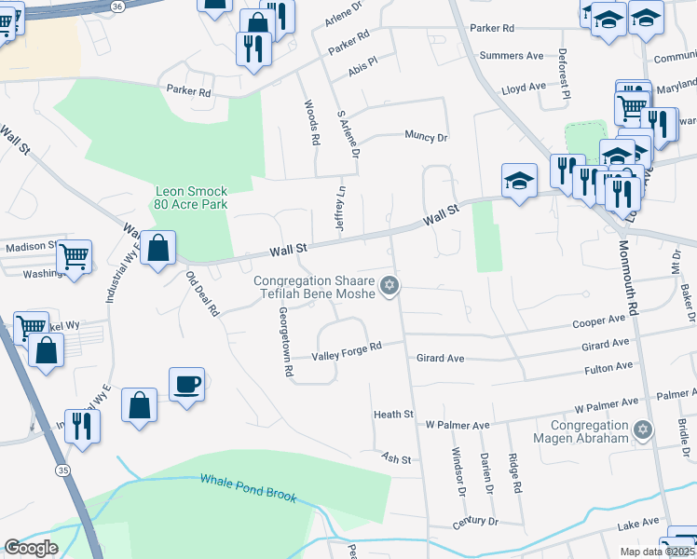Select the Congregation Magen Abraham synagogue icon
coord(641,429)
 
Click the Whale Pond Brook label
coord(248,487)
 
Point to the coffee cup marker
coord(186,384)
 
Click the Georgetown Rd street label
coord(284,344)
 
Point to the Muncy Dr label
coord(426,136)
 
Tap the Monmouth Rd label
coord(626,279)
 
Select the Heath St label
coord(392,414)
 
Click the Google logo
coord(31,548)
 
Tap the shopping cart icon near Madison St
coord(74,255)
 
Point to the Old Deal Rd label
coord(201,293)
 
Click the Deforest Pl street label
coord(564,73)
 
